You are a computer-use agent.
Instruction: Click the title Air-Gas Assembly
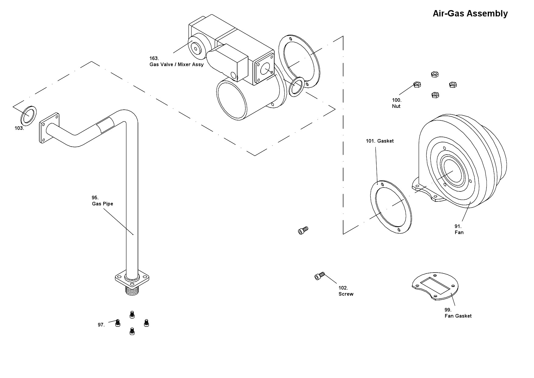coord(470,14)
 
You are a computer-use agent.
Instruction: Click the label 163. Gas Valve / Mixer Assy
coord(176,61)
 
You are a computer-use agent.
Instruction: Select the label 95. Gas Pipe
coord(102,201)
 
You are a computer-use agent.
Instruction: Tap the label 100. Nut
coord(396,103)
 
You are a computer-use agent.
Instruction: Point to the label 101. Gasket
coord(380,141)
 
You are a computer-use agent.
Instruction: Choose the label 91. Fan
coord(459,229)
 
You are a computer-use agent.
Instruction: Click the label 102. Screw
coord(346,291)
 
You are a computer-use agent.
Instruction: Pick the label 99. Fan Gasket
coord(458,313)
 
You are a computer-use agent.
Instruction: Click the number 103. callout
coord(19,128)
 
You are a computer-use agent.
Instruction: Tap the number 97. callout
coord(101,325)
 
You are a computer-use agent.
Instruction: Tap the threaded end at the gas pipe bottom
coord(132,290)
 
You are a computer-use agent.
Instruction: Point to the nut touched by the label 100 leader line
coord(417,84)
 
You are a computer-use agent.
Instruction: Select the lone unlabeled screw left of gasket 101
coord(303,230)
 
